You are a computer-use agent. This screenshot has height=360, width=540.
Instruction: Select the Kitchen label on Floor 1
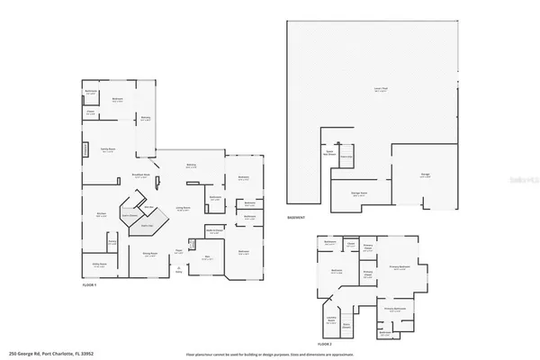(x=102, y=213)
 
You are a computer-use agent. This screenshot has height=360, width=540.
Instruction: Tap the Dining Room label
(x=151, y=254)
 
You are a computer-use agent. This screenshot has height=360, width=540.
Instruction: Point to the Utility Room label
(x=99, y=264)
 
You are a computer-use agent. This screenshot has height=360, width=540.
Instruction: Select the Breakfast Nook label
(x=139, y=177)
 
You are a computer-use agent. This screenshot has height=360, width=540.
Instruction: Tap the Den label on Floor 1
(x=206, y=257)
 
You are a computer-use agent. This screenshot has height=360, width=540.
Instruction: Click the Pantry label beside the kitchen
(x=112, y=242)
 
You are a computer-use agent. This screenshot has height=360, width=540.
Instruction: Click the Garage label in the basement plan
(x=425, y=175)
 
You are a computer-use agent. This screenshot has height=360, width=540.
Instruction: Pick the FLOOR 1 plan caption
(x=83, y=284)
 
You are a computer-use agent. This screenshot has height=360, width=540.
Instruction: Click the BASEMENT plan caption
(x=296, y=218)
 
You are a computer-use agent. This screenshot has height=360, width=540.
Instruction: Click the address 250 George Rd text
(x=45, y=354)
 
